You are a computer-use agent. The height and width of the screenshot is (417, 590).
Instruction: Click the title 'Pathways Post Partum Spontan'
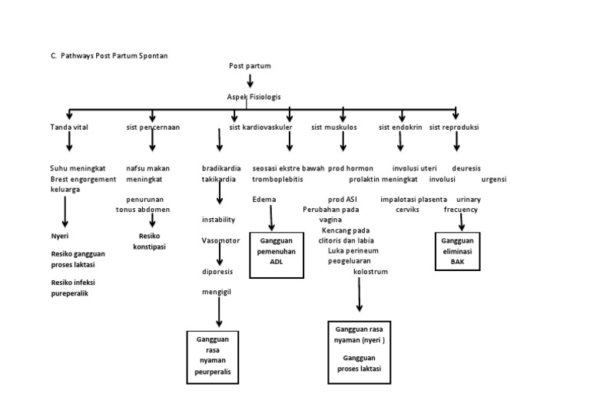point(114,56)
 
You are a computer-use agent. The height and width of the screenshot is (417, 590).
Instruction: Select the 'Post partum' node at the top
point(250,66)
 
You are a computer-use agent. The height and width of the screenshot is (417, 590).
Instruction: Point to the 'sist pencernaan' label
point(153,127)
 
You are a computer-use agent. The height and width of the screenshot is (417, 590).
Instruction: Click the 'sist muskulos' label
point(334,127)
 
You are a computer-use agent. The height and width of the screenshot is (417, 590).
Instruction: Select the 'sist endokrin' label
point(400,127)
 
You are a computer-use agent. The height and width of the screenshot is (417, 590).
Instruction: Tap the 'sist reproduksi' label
point(454,127)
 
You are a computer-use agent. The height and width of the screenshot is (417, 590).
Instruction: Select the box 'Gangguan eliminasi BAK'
point(458,250)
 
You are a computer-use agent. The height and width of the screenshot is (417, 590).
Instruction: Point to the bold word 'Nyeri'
point(60,236)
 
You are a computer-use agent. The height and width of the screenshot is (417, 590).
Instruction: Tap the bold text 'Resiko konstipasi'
point(152,241)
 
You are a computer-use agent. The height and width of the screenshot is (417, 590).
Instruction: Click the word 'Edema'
point(264,199)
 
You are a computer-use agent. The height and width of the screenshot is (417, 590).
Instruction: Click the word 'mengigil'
point(217,292)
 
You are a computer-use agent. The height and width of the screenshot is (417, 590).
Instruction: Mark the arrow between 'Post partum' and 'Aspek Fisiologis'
point(250,81)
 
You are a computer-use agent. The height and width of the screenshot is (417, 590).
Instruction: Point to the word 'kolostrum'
point(370,271)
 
